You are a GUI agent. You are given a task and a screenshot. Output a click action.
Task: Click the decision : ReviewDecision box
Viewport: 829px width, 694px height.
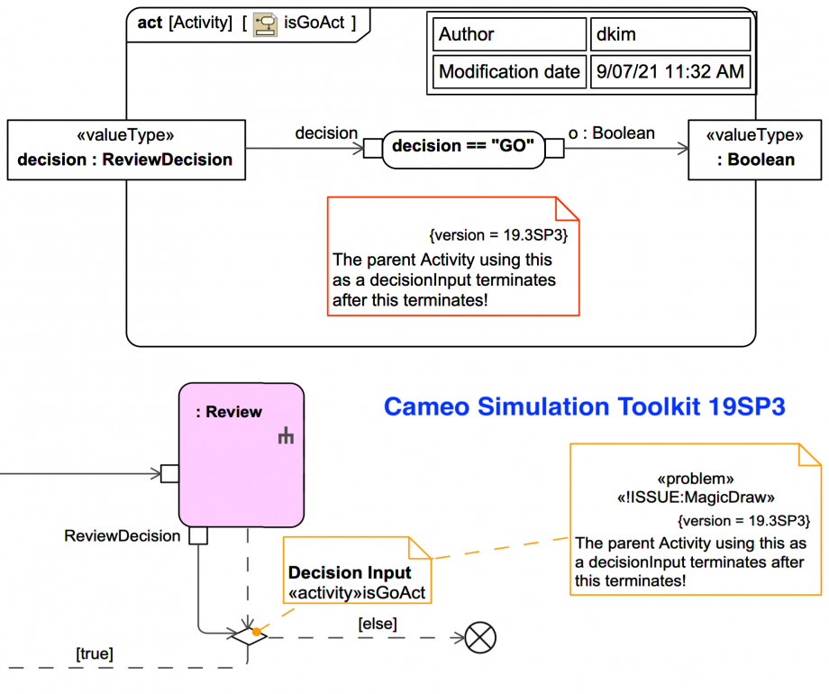(125, 150)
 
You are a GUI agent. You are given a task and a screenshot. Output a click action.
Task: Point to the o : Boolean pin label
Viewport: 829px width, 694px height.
(612, 132)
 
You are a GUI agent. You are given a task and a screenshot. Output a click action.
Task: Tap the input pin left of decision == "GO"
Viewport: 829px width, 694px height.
(373, 149)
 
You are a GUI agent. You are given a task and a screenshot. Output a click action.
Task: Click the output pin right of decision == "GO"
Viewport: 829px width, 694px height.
(555, 149)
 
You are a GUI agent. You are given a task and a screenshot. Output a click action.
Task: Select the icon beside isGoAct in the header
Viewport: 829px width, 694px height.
(265, 23)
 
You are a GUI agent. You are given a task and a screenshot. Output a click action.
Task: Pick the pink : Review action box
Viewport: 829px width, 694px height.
(241, 455)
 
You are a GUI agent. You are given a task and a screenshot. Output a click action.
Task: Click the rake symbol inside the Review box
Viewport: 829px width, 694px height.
(287, 437)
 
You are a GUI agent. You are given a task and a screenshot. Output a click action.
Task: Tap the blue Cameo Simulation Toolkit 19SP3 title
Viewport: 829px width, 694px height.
(584, 407)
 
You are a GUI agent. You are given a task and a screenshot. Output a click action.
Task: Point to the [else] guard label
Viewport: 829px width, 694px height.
(378, 623)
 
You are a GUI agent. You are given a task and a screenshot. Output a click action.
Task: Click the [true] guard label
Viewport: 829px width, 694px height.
(95, 653)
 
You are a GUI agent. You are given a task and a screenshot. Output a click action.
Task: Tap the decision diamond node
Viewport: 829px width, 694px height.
(247, 637)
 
